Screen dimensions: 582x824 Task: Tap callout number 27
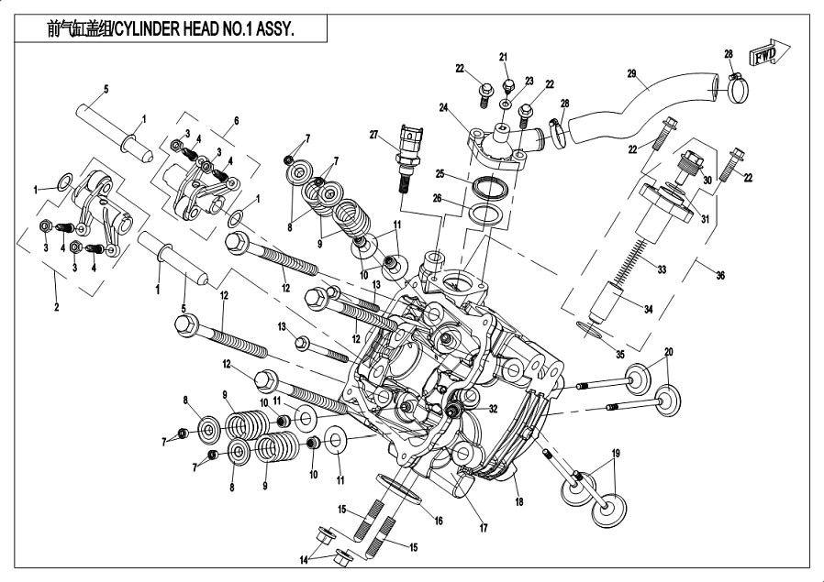pyautogui.click(x=374, y=136)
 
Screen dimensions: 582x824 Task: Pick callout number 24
pyautogui.click(x=444, y=108)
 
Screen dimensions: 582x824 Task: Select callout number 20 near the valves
pyautogui.click(x=668, y=352)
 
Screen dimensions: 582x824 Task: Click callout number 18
pyautogui.click(x=518, y=503)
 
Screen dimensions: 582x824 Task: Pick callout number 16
pyautogui.click(x=439, y=520)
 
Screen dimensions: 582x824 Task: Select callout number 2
pyautogui.click(x=56, y=307)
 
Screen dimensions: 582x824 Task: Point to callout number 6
pyautogui.click(x=236, y=120)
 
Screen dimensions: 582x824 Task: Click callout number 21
pyautogui.click(x=504, y=58)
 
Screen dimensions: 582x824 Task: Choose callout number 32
pyautogui.click(x=493, y=409)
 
